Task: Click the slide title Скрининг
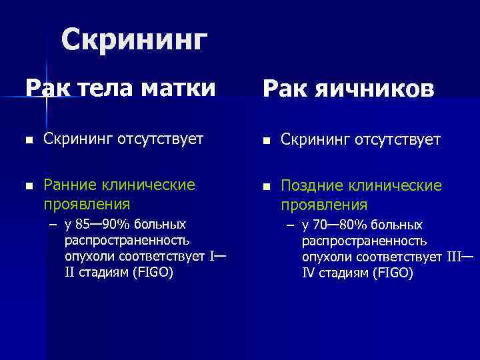coord(133,41)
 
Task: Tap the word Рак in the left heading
coord(45,87)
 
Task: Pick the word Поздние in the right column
coord(307,185)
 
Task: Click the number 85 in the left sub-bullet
coord(83,224)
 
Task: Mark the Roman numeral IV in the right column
coord(308,274)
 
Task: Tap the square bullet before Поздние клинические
coord(265,187)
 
